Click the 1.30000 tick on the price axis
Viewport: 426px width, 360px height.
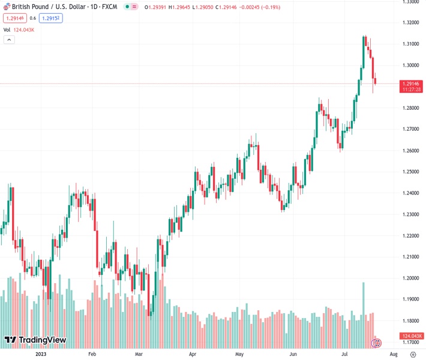click(x=410, y=65)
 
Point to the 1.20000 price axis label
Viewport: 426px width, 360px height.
click(x=410, y=278)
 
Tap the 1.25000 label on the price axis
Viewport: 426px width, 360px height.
click(x=410, y=172)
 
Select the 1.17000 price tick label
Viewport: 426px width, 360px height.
click(x=410, y=343)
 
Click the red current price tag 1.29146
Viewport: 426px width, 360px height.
click(x=412, y=85)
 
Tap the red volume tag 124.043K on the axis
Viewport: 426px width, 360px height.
click(x=412, y=336)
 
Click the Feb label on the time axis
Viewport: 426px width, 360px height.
click(x=92, y=354)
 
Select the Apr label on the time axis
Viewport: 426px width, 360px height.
click(x=192, y=354)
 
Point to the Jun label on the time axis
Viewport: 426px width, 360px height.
click(x=293, y=354)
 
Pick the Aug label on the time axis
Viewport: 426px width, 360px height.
click(x=394, y=354)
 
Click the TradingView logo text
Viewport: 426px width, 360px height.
click(x=43, y=340)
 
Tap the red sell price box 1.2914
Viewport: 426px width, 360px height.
click(x=13, y=18)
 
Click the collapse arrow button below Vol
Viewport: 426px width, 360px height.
click(x=8, y=40)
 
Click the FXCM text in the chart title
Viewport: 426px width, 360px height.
click(x=109, y=7)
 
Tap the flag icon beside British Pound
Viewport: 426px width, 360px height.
click(x=6, y=7)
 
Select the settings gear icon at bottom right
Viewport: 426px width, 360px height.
click(x=377, y=343)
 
